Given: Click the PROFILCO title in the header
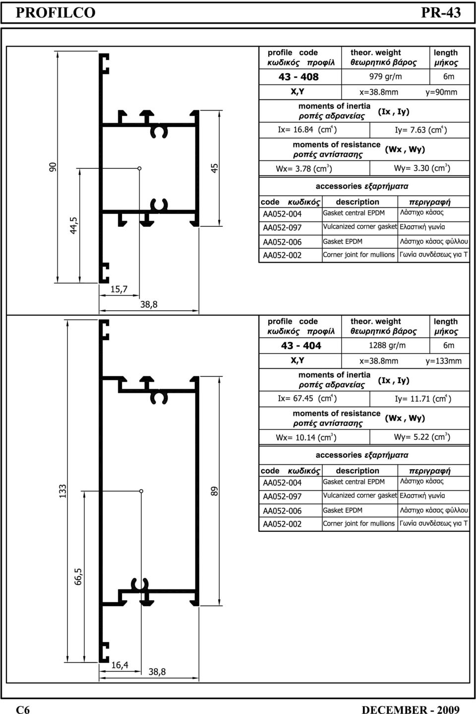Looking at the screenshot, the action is click(x=56, y=12).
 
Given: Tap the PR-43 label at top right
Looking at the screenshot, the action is click(x=441, y=12).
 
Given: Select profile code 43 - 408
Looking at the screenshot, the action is click(x=298, y=77).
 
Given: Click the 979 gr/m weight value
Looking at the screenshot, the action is click(x=386, y=76).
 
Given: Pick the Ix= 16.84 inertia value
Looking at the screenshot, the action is click(x=307, y=130).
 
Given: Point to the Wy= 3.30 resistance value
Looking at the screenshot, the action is click(x=422, y=168).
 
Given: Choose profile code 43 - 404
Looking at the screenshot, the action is click(x=301, y=346).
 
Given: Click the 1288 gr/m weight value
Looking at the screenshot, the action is click(x=387, y=345).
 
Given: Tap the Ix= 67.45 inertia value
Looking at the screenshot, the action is click(x=307, y=398).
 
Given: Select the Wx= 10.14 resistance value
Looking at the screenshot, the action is click(x=306, y=437).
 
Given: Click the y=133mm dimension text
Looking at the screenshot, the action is click(x=444, y=361).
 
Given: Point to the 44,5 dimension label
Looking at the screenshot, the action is click(x=73, y=226).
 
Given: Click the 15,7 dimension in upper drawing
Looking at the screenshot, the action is click(x=119, y=289).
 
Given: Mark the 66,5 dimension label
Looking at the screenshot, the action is click(x=78, y=576).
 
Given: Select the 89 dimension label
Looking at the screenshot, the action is click(x=215, y=491).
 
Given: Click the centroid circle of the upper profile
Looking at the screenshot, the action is click(x=139, y=168).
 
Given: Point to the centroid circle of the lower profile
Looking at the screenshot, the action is click(x=141, y=491).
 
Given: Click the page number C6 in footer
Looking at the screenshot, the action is click(x=23, y=710).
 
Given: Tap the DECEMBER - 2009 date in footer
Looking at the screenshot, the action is click(x=411, y=710).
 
